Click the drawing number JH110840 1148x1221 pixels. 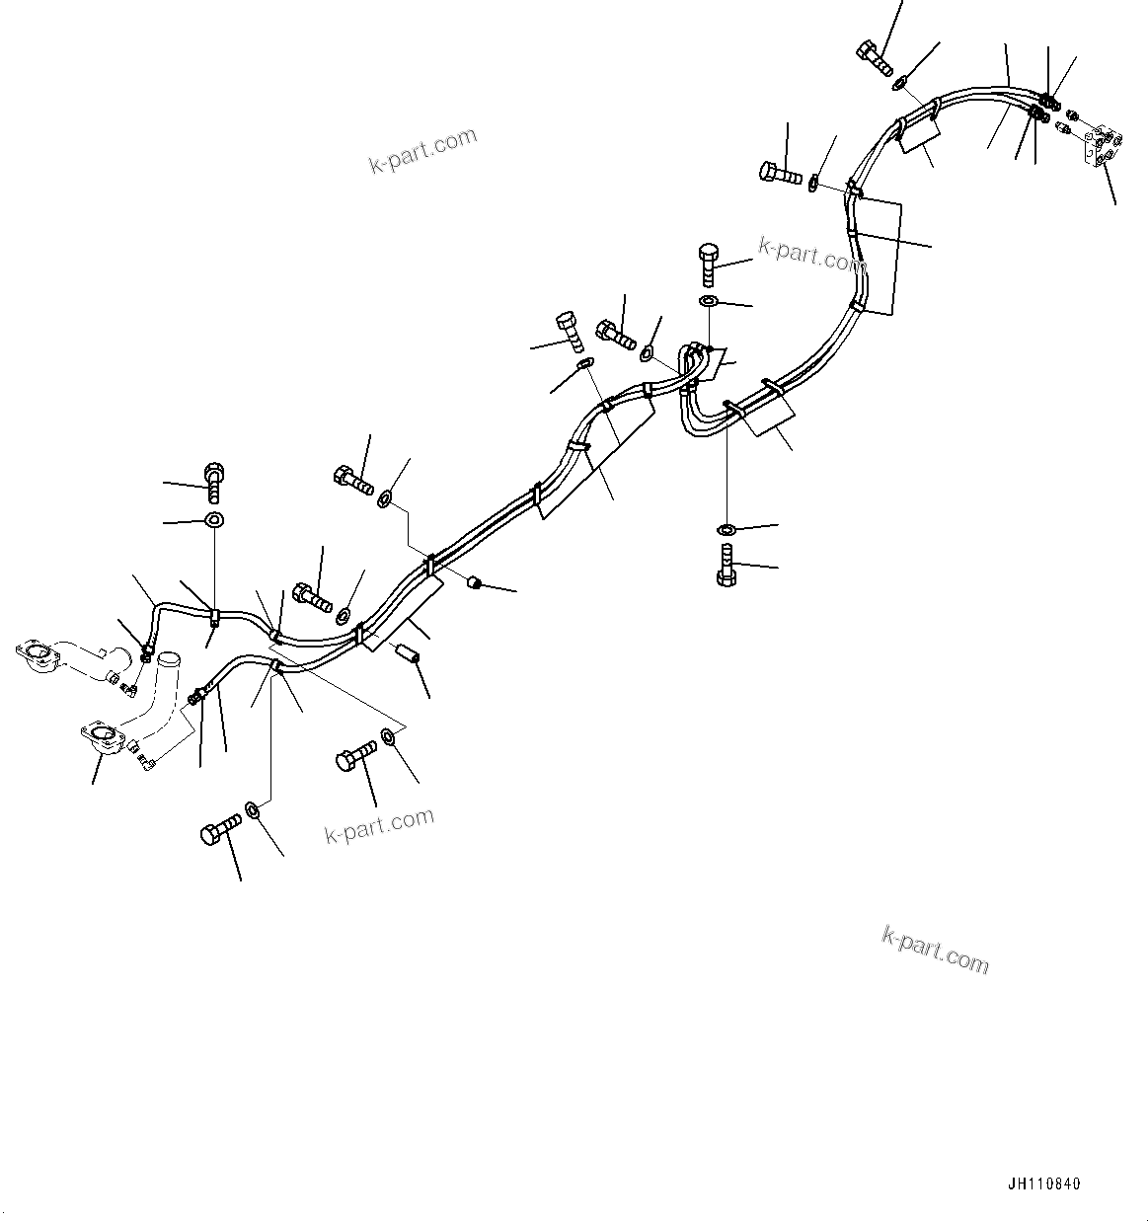pyautogui.click(x=1044, y=1183)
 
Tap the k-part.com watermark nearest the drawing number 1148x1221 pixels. pyautogui.click(x=934, y=949)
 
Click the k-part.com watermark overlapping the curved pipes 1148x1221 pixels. pyautogui.click(x=811, y=256)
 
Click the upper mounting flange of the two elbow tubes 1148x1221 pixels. pyautogui.click(x=38, y=656)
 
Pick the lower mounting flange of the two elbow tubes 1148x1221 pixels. pyautogui.click(x=100, y=740)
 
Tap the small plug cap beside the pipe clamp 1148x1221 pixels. pyautogui.click(x=474, y=583)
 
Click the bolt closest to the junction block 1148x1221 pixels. pyautogui.click(x=876, y=57)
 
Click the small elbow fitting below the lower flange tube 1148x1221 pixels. pyautogui.click(x=143, y=759)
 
